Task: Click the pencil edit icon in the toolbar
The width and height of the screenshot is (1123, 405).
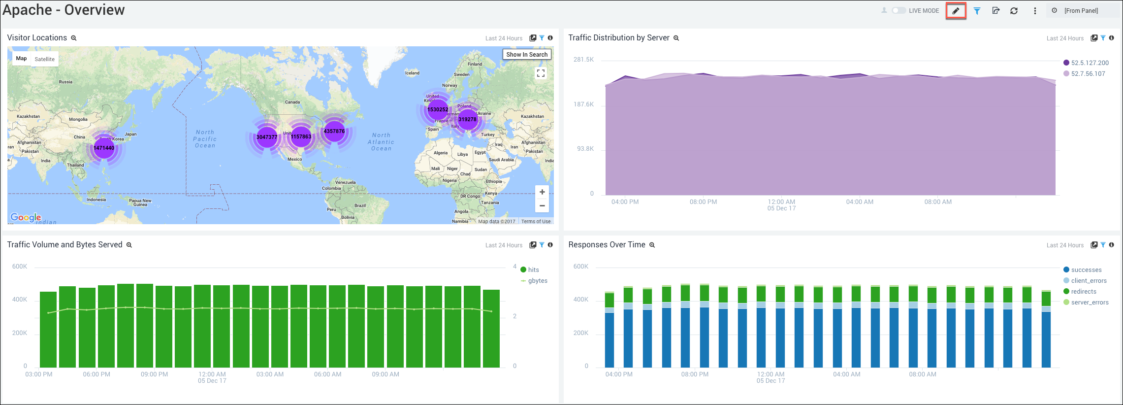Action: tap(956, 11)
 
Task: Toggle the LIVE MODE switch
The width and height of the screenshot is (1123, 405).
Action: tap(898, 10)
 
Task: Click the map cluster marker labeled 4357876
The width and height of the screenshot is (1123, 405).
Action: tap(334, 132)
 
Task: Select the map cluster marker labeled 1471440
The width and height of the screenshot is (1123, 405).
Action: tap(104, 148)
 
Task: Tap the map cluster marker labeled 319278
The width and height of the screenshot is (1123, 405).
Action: tap(467, 119)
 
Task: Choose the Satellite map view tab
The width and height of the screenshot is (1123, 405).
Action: tap(45, 59)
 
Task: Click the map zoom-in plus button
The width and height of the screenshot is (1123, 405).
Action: tap(542, 192)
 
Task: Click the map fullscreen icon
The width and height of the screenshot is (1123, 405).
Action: tap(541, 73)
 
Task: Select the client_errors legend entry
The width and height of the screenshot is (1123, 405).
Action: tap(1089, 281)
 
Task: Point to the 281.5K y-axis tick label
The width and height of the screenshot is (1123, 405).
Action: tap(583, 60)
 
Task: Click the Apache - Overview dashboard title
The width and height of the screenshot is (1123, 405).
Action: tap(64, 10)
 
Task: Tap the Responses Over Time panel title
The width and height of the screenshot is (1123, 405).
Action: tap(607, 245)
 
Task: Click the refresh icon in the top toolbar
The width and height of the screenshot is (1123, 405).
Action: tap(1014, 11)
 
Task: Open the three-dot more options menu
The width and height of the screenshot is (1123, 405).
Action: tap(1035, 11)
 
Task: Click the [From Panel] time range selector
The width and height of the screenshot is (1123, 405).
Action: tap(1081, 11)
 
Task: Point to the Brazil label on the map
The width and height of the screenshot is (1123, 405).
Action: tap(360, 205)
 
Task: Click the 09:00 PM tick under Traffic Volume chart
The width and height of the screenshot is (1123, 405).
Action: tap(155, 374)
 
